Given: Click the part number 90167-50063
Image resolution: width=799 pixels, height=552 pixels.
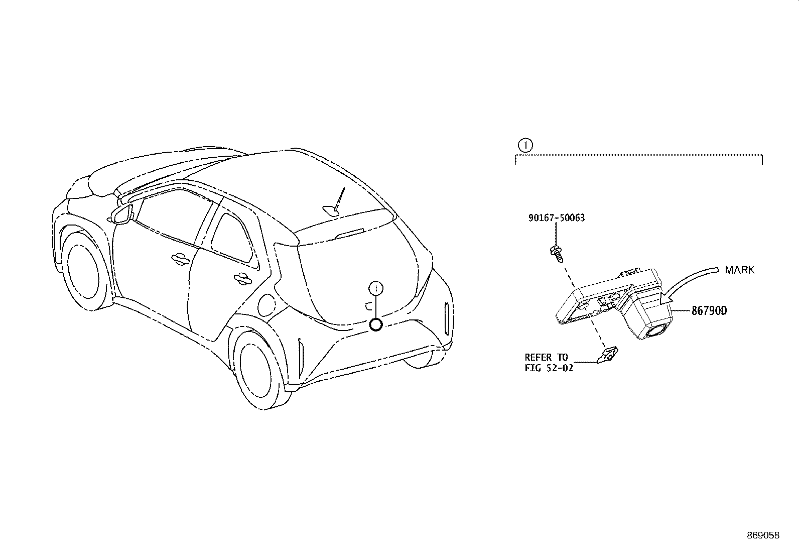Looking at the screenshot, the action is click(557, 218).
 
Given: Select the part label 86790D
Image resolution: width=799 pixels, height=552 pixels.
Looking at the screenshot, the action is click(709, 310).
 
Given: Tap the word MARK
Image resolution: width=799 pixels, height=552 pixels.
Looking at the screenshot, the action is click(739, 270).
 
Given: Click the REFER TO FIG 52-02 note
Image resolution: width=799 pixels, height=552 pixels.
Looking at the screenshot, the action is click(549, 363).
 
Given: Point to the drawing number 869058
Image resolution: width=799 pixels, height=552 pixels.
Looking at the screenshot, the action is click(763, 535).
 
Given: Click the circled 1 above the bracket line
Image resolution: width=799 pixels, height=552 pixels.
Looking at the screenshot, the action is click(525, 146).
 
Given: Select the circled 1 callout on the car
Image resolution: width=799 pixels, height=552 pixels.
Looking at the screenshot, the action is click(376, 289).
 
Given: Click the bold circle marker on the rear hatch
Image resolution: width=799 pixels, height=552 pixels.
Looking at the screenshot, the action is click(376, 325).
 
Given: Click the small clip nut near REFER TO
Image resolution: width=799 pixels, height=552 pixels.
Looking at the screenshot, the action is click(608, 355).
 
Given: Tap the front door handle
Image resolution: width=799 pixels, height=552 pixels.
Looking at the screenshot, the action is click(180, 259).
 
